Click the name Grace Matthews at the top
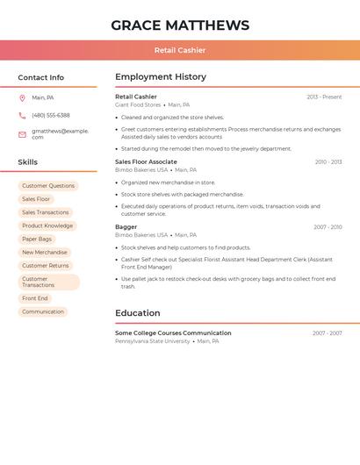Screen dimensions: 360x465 [180, 25]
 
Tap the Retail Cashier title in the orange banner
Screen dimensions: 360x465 [180, 50]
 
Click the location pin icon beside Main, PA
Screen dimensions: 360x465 [22, 98]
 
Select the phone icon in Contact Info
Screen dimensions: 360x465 [22, 116]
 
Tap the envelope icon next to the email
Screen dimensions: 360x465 [22, 134]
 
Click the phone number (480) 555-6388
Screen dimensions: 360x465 [51, 116]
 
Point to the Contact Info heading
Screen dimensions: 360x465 [41, 77]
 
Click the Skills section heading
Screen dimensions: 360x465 [28, 162]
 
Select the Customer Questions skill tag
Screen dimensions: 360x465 [48, 186]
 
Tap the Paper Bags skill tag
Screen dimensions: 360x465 [37, 239]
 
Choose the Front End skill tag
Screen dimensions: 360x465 [35, 298]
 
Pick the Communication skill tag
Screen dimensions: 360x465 [43, 311]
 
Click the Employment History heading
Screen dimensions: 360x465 [161, 77]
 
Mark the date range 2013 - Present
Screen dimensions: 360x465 [324, 97]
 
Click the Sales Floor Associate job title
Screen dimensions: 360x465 [146, 162]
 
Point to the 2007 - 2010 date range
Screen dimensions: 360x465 [328, 227]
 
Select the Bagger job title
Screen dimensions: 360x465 [126, 227]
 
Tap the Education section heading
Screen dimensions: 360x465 [138, 313]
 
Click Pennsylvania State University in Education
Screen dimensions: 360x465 [153, 341]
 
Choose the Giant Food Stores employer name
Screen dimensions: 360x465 [138, 104]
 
